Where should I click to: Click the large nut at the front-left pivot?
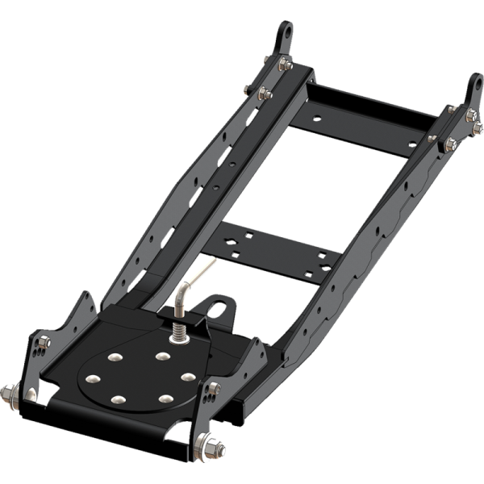point(10,394)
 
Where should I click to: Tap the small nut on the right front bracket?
point(214,390)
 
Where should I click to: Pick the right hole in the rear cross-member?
point(413,143)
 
